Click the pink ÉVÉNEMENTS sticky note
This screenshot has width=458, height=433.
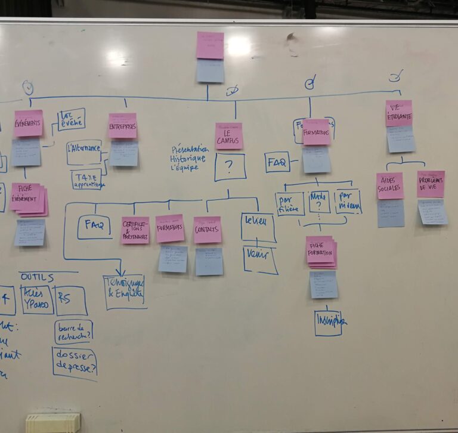[29, 123]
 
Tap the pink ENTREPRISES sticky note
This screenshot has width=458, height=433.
[122, 126]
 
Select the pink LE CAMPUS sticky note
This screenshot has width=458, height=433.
[229, 136]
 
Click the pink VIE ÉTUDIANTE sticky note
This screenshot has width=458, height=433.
[398, 113]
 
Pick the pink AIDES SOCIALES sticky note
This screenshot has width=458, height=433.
[390, 185]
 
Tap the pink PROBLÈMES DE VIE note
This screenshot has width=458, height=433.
[431, 184]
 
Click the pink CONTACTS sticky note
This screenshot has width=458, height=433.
[208, 230]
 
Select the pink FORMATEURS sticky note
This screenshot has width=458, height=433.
[170, 228]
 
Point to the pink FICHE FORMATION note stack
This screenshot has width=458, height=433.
[320, 252]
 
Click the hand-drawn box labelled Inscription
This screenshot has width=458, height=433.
[329, 323]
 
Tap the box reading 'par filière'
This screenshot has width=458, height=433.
[290, 204]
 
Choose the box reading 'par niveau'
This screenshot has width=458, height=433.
[348, 202]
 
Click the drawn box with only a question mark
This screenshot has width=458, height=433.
[230, 167]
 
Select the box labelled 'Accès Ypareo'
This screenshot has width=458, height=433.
[37, 300]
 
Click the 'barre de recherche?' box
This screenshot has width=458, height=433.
[73, 332]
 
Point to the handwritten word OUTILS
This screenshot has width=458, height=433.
[37, 277]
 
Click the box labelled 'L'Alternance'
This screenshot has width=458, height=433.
[84, 151]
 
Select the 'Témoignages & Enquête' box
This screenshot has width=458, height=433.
[125, 292]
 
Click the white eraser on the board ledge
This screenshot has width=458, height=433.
[52, 422]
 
